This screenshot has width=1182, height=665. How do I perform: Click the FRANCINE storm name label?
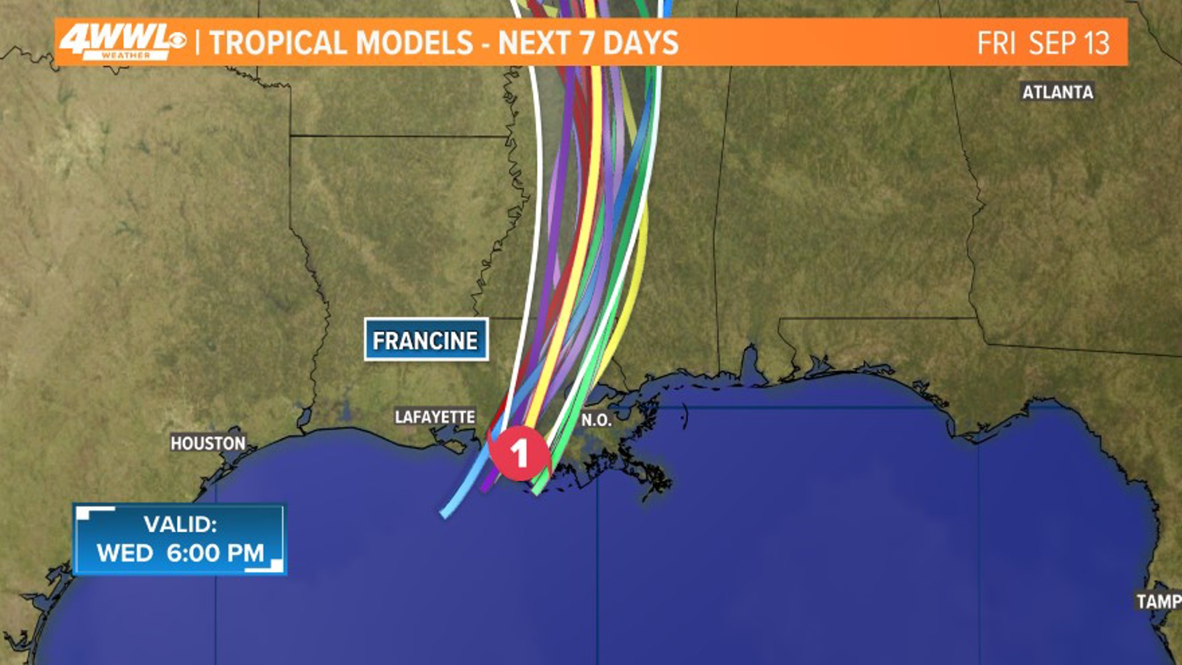(425, 340)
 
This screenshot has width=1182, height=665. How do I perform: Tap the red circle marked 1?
(519, 453)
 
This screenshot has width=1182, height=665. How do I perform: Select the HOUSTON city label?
(208, 443)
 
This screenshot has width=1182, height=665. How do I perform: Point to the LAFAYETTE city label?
(435, 417)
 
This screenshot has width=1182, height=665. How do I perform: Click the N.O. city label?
(596, 420)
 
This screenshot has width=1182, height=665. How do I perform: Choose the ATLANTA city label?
(1057, 92)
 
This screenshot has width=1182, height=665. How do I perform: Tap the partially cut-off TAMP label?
(1159, 601)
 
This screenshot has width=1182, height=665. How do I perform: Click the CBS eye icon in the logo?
(176, 41)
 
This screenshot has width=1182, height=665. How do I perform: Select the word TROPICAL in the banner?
(279, 43)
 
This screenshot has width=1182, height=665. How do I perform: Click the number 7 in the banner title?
(587, 43)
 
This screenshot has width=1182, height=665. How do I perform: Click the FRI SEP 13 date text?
(1043, 43)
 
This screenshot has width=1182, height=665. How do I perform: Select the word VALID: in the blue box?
(180, 525)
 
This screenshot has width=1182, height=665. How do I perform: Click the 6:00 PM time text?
(215, 552)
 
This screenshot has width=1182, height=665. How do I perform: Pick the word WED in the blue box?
(124, 552)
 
